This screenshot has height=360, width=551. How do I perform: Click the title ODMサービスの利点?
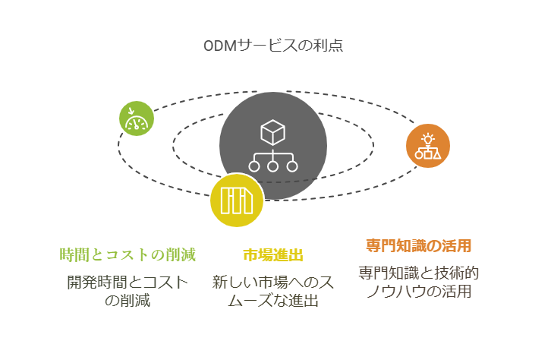click(273, 46)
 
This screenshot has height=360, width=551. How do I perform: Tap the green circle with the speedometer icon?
click(137, 118)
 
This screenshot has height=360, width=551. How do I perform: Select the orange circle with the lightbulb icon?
click(427, 146)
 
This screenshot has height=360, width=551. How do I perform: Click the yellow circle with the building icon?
click(237, 200)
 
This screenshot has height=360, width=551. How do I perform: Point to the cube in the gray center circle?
click(272, 133)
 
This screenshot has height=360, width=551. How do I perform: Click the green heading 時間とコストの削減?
click(128, 254)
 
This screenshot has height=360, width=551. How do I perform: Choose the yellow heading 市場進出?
click(273, 255)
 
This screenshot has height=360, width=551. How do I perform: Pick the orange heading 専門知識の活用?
click(418, 245)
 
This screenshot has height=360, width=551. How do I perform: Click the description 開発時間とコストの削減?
click(128, 291)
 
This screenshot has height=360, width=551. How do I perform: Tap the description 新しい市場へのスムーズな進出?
click(273, 291)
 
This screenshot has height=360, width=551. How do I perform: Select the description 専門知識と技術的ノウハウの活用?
click(418, 282)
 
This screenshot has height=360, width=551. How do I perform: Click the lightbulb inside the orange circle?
click(427, 139)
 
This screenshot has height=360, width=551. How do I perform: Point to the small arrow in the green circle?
click(131, 111)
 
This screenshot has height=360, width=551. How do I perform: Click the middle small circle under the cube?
click(272, 166)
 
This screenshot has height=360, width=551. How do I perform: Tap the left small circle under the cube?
click(254, 166)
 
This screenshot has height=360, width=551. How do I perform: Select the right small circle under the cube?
click(292, 166)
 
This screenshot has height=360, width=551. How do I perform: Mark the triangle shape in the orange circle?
click(437, 154)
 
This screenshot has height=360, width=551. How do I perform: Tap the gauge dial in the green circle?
click(137, 123)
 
